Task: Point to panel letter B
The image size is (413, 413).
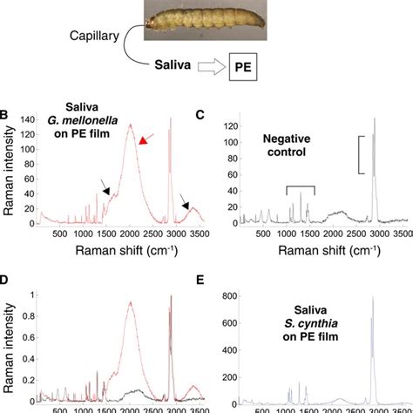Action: coord(5,114)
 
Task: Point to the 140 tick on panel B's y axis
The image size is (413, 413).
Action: coord(30,118)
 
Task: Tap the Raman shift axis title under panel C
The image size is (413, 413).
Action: coord(322,250)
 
